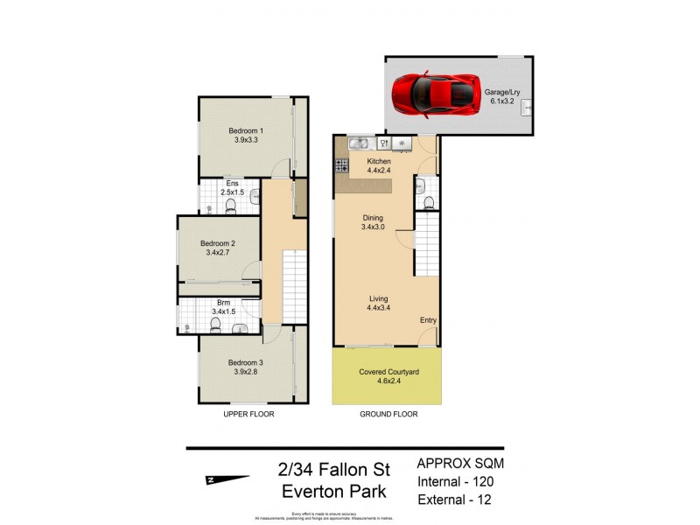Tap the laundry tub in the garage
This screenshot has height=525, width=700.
tap(526, 108)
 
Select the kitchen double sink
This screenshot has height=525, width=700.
tap(358, 143)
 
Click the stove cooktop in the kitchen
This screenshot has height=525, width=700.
tap(340, 163)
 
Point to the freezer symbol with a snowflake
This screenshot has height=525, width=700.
tap(402, 143)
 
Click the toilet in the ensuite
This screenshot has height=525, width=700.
tap(231, 206)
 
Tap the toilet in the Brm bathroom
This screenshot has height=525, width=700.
tap(214, 325)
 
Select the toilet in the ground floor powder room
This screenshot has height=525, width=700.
tap(427, 202)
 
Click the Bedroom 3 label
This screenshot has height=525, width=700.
tap(246, 362)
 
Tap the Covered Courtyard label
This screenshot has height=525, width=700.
tap(388, 372)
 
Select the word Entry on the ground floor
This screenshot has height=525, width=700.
tap(428, 320)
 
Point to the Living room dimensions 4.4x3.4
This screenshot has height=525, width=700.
tap(379, 308)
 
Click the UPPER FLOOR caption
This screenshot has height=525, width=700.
tap(249, 415)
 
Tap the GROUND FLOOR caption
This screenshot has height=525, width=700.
tap(388, 415)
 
